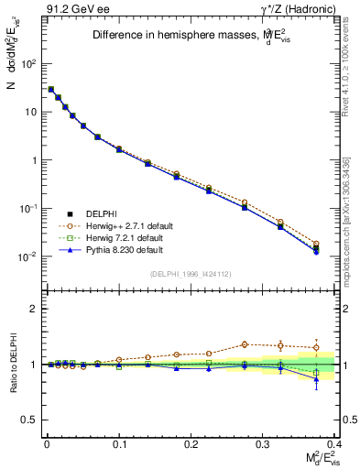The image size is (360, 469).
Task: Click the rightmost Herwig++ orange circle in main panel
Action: tap(342, 244)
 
